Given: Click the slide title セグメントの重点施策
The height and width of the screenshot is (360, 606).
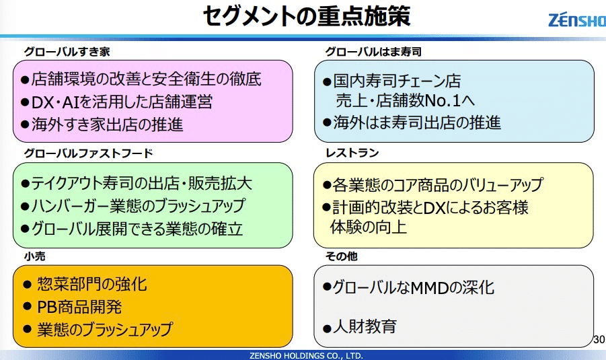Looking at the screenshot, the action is [307, 16].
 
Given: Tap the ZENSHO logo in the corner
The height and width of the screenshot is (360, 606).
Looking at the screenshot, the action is [577, 20].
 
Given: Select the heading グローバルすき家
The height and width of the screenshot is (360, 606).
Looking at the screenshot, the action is [67, 52].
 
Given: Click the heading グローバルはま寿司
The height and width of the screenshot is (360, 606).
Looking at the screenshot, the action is [373, 52].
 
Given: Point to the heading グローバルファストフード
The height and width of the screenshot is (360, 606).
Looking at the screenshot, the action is [89, 153].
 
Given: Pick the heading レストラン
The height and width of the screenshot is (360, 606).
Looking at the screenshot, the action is [352, 153].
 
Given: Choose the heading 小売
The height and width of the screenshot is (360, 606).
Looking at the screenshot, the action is [35, 256].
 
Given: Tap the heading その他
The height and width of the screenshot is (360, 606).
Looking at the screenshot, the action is [342, 256].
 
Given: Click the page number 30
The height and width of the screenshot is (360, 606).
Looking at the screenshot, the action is [599, 339].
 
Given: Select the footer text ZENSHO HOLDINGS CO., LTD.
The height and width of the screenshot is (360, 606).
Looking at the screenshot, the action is [306, 355].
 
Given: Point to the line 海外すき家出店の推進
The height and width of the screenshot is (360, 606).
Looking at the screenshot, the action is [102, 124].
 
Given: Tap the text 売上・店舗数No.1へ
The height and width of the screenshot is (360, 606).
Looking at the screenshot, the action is [406, 100].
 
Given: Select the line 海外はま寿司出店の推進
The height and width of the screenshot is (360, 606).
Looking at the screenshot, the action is [412, 122].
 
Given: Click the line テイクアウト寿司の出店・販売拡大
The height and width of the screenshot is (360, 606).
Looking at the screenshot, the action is [137, 183].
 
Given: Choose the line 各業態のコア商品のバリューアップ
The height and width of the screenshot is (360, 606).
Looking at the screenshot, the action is [433, 185].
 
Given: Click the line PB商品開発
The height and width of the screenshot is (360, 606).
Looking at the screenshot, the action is [73, 307].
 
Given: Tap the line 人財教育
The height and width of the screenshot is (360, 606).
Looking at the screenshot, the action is [360, 327].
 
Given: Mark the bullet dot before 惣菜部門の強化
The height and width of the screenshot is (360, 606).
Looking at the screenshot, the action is [27, 285].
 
